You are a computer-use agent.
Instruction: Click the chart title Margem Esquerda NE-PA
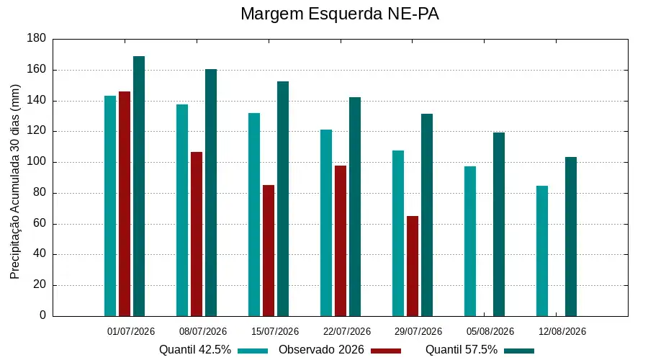pos(339,14)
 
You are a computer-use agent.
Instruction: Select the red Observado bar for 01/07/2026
pos(125,204)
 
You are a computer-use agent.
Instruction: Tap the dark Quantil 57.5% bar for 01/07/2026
pos(139,186)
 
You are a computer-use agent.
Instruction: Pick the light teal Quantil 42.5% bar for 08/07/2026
pos(182,210)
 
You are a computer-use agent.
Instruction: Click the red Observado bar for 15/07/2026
pos(269,251)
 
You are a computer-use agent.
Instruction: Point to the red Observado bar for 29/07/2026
pos(413,266)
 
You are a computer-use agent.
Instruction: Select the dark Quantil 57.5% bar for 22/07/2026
pos(355,207)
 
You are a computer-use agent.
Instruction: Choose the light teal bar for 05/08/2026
pos(470,241)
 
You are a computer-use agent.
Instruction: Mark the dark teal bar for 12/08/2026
pos(571,236)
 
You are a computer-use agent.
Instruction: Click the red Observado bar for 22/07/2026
pos(341,241)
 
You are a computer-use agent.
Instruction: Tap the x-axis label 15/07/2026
pos(275,331)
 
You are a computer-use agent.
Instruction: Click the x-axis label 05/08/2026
pos(490,331)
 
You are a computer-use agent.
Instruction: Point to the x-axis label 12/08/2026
pos(562,331)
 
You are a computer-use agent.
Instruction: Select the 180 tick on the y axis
pos(37,38)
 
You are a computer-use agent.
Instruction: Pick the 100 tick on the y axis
pos(37,161)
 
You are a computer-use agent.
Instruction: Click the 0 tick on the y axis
pos(42,315)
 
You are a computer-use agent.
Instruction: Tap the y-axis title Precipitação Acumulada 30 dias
pos(15,182)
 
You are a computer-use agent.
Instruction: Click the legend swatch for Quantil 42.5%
pos(253,351)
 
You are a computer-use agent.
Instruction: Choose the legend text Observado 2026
pos(321,350)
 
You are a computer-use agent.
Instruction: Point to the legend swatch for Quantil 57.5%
pos(519,351)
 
